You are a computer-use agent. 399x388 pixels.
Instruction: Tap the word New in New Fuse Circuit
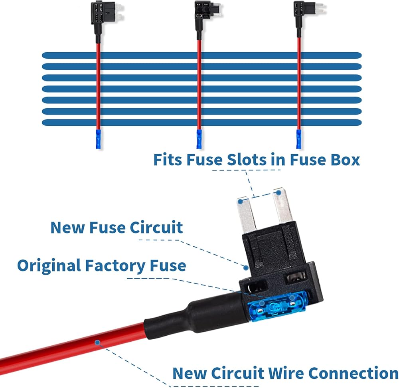(65, 228)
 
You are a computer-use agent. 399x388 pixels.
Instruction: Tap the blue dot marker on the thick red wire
(97, 342)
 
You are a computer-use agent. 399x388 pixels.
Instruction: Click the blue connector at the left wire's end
(98, 139)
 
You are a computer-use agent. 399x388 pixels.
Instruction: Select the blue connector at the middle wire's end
(199, 139)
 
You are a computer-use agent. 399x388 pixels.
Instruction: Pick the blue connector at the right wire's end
(298, 139)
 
